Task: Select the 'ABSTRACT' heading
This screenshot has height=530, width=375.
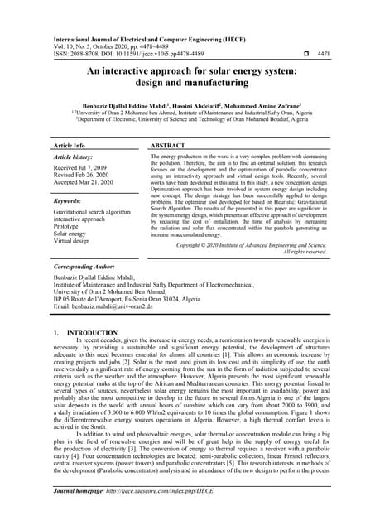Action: (x=168, y=145)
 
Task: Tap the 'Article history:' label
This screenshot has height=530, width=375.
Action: (x=74, y=157)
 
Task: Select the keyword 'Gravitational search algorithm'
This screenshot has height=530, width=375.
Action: (x=92, y=213)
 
